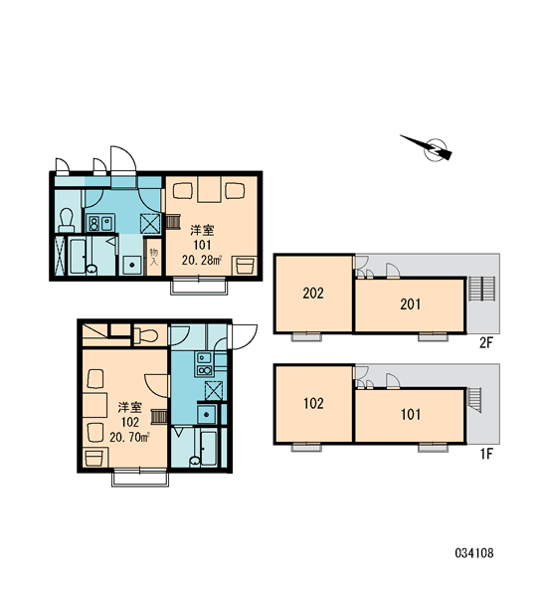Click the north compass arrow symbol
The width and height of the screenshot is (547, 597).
point(430,147)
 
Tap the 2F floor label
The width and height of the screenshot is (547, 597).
point(485,343)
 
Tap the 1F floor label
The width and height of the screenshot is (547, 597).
point(486,454)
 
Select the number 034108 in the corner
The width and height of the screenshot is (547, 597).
point(474,553)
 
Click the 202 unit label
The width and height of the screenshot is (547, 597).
point(313,293)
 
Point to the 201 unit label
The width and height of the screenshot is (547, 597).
point(411,304)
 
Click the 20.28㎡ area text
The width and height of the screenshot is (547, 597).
point(202,261)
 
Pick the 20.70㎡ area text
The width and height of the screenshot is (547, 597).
point(129,437)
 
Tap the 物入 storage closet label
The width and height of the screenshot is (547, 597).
point(154,257)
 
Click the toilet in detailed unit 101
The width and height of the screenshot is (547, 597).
point(67,220)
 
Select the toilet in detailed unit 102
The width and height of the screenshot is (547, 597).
point(146,336)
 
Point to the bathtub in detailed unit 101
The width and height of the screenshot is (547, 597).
point(78,256)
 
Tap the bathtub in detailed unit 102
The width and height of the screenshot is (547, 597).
point(209,448)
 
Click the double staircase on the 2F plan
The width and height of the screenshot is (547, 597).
point(481,289)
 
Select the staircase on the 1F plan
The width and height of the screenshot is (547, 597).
point(474,399)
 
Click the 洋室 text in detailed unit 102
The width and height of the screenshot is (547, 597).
point(130,407)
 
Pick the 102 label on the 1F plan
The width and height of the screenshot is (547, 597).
point(313,403)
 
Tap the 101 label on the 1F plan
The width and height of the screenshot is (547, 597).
point(411,414)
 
